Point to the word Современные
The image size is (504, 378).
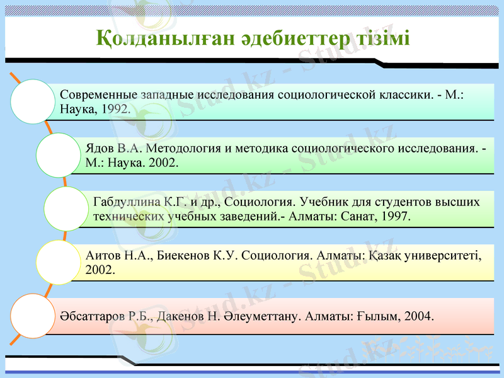(x=98, y=94)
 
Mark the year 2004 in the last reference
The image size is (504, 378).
(x=418, y=316)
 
